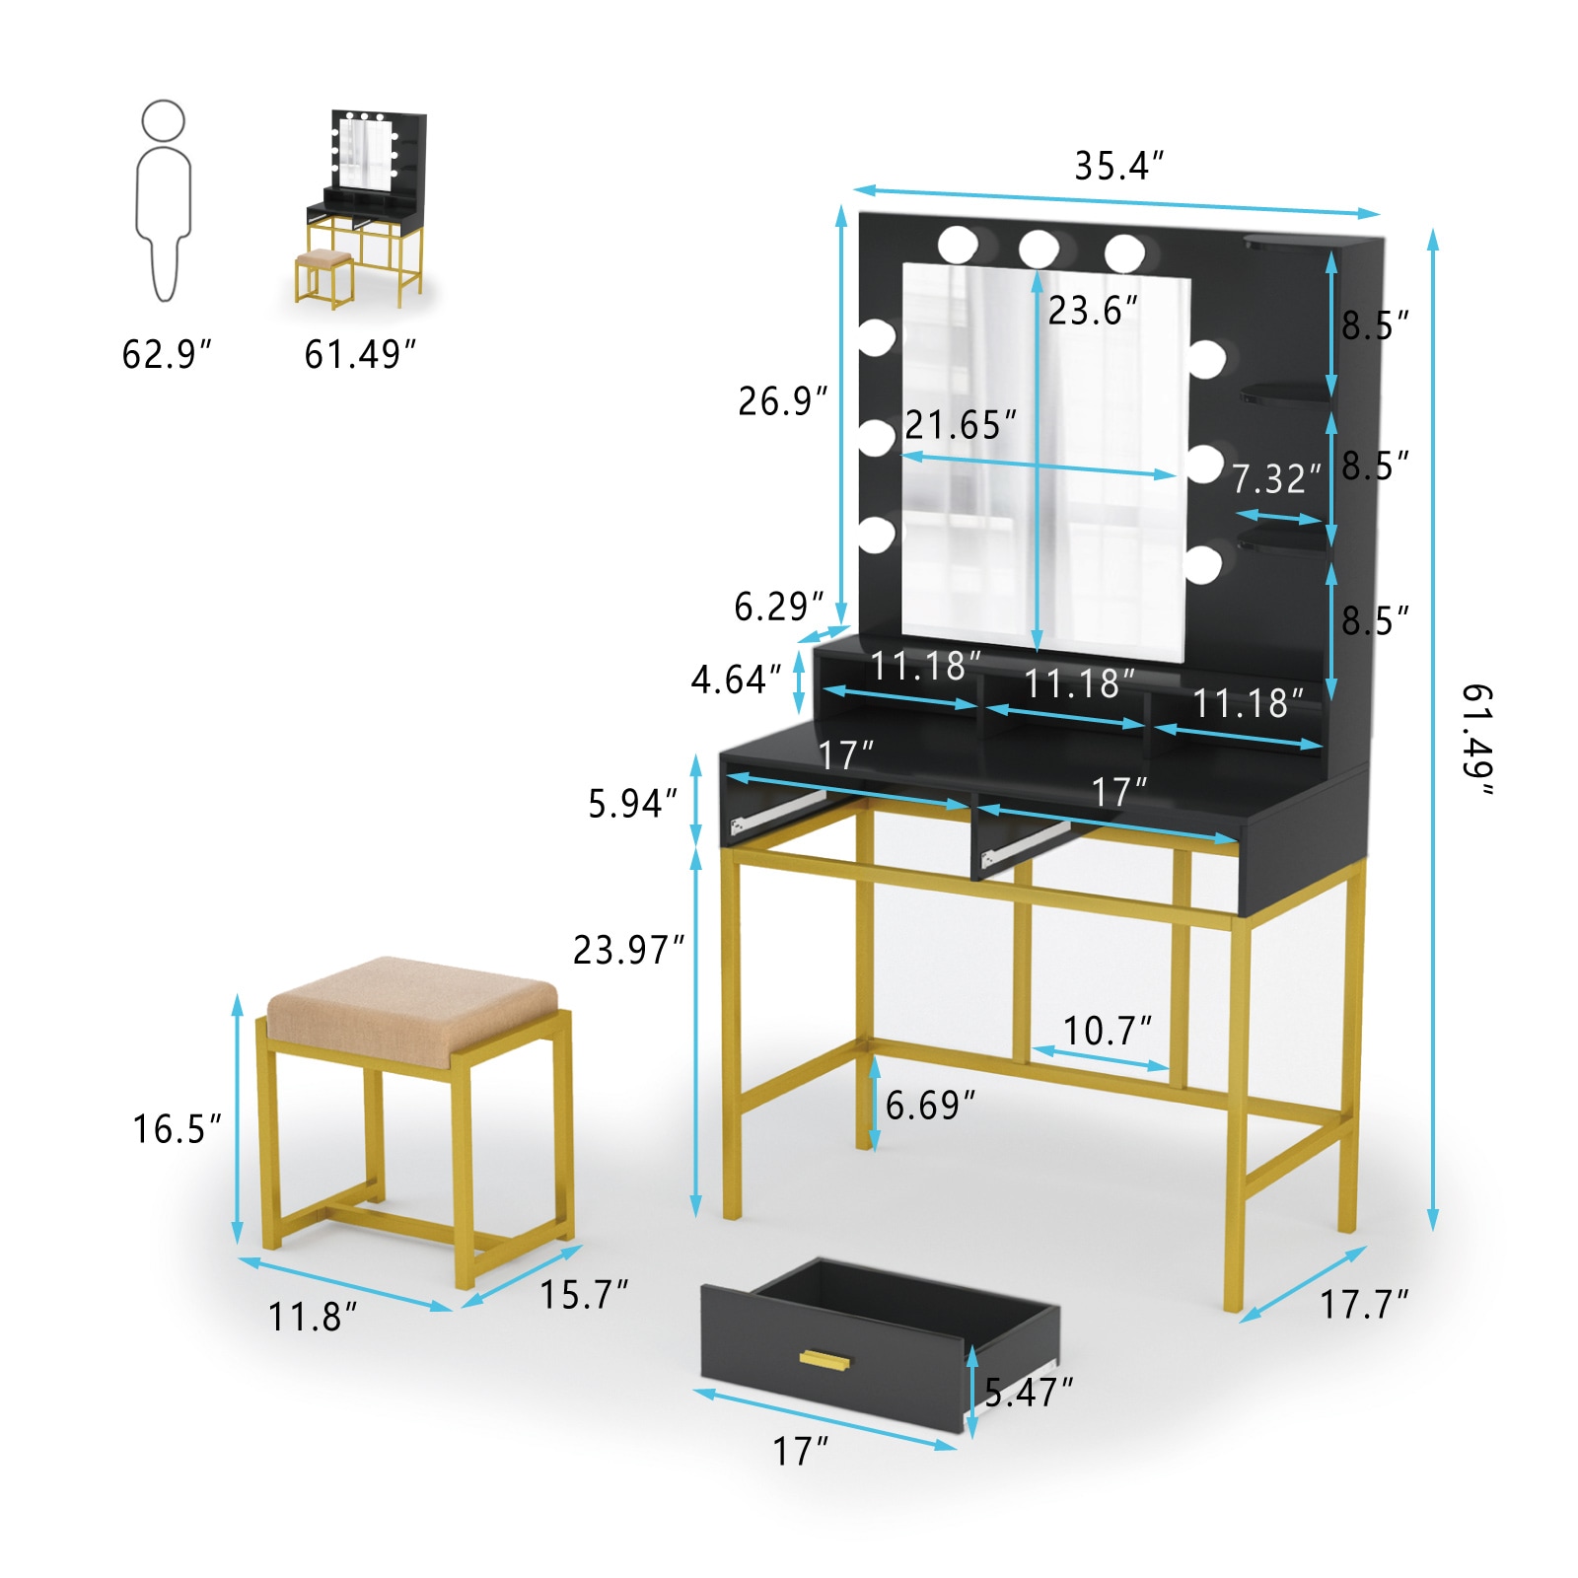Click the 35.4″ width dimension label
point(1118,166)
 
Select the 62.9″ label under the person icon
point(167,354)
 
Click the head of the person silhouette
point(163,120)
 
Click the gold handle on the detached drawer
point(825,1361)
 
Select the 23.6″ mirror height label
point(1093,311)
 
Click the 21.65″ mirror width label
point(960,425)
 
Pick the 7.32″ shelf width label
point(1276,479)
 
